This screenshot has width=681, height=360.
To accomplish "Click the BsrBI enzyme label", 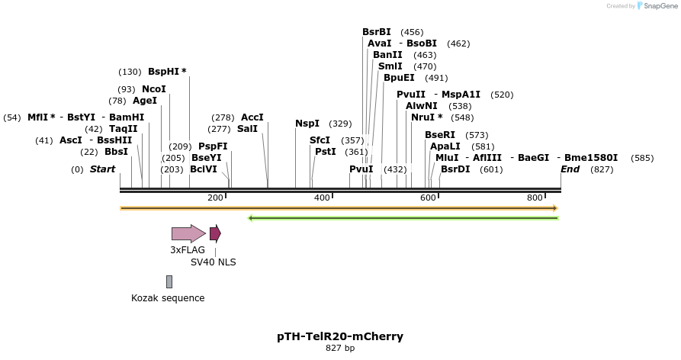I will pyautogui.click(x=376, y=32).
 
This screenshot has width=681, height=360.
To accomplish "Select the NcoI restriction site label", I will pyautogui.click(x=153, y=89).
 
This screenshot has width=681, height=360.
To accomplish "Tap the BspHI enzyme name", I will pyautogui.click(x=163, y=72).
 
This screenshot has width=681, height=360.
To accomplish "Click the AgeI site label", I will pyautogui.click(x=144, y=101).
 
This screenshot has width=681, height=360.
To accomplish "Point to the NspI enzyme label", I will pyautogui.click(x=307, y=124).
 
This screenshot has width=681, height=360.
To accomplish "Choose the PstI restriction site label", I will pyautogui.click(x=325, y=152).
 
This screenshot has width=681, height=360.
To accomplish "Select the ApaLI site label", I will pyautogui.click(x=445, y=146).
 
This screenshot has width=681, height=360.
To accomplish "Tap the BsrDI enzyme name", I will pyautogui.click(x=455, y=169).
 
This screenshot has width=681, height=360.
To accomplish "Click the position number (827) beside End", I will pyautogui.click(x=602, y=169).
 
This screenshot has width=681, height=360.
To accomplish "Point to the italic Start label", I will pyautogui.click(x=102, y=169).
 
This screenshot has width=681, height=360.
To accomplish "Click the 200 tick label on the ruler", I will pyautogui.click(x=215, y=198).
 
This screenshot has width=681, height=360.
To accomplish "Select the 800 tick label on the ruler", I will pyautogui.click(x=535, y=198).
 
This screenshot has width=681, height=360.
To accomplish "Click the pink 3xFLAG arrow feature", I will pyautogui.click(x=188, y=233).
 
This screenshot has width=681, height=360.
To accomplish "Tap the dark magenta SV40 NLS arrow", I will pyautogui.click(x=215, y=233).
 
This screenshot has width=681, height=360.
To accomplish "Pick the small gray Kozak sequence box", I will pyautogui.click(x=169, y=281).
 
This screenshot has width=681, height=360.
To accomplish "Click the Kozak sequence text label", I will pyautogui.click(x=168, y=298).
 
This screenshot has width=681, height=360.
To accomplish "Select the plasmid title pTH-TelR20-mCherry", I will pyautogui.click(x=340, y=336).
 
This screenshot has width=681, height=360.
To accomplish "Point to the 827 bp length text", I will pyautogui.click(x=340, y=349).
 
